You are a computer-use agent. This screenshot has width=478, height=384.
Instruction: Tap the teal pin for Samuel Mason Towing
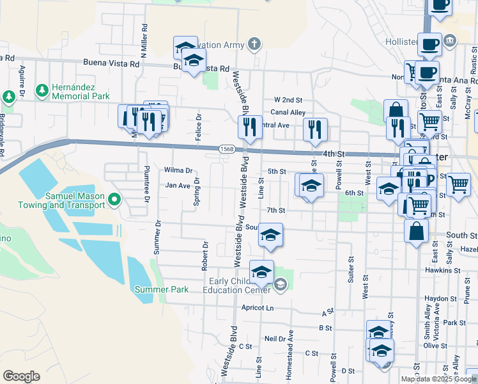[115, 200]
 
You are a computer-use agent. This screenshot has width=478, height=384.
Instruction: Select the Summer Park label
[161, 289]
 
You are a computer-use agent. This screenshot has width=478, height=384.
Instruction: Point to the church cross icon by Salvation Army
[254, 45]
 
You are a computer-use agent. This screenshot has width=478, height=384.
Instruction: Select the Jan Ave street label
[178, 186]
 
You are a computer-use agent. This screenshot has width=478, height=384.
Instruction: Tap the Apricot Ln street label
[258, 308]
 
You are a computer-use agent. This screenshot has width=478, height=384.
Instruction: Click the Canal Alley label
[288, 113]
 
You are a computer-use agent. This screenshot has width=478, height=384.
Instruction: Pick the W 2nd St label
[288, 100]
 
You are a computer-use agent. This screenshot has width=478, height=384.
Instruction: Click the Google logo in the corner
[21, 376]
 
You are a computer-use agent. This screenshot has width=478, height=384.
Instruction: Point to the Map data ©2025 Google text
[438, 379]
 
